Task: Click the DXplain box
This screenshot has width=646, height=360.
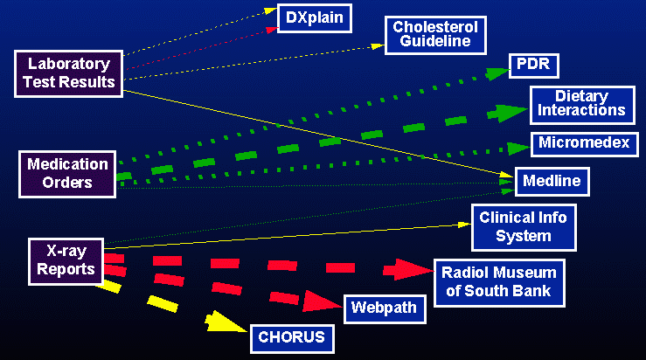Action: [x=315, y=17]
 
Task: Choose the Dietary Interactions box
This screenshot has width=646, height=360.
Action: [x=581, y=103]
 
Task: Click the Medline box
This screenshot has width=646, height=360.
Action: [x=552, y=182]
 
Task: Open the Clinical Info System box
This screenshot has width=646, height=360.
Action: [x=524, y=227]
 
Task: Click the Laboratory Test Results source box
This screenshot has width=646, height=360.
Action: [x=69, y=73]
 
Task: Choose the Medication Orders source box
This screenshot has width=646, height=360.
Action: [x=67, y=172]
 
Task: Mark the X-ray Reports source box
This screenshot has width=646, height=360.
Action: [x=66, y=260]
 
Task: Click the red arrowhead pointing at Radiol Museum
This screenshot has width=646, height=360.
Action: [x=413, y=269]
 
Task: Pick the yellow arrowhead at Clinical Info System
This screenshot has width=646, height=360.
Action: [x=464, y=224]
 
